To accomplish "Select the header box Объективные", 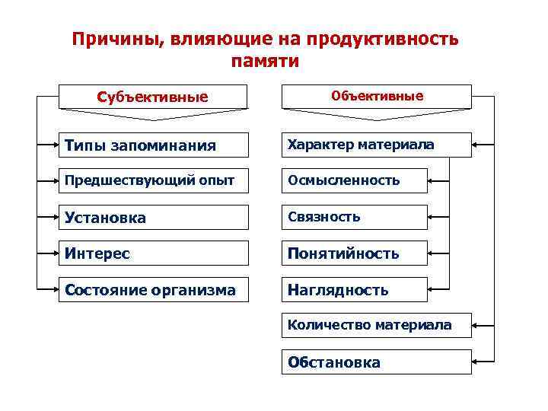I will pyautogui.click(x=377, y=97).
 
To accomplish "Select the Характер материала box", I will pyautogui.click(x=377, y=145).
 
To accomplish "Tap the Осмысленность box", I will pyautogui.click(x=354, y=180).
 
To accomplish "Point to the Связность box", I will pyautogui.click(x=354, y=217).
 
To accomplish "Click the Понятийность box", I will pyautogui.click(x=354, y=253).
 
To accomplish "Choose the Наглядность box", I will pyautogui.click(x=354, y=289).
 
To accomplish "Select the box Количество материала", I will pyautogui.click(x=377, y=326).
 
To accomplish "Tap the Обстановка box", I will pyautogui.click(x=377, y=362).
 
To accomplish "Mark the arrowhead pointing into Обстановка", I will pyautogui.click(x=476, y=362).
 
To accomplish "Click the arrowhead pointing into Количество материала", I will pyautogui.click(x=476, y=326).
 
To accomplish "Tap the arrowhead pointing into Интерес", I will pyautogui.click(x=56, y=253).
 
